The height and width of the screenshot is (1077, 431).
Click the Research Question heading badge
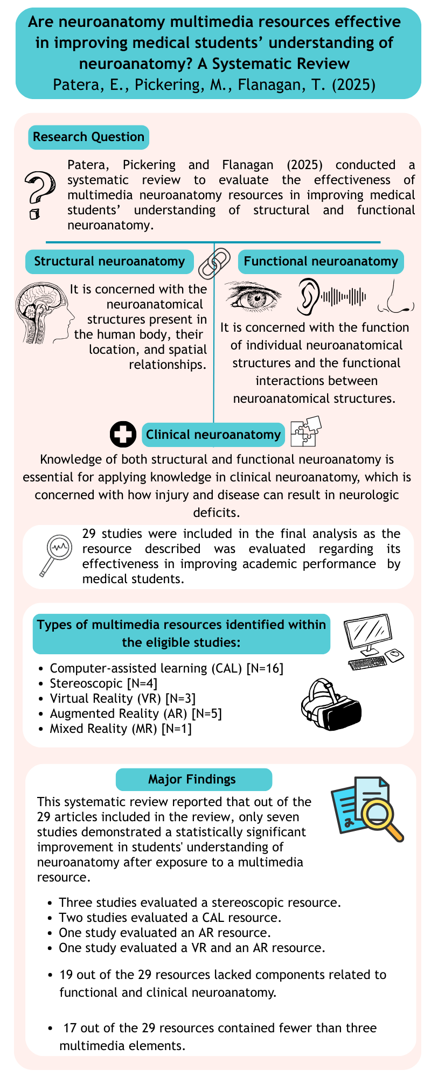pyautogui.click(x=88, y=137)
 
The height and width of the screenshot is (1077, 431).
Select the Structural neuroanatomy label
pyautogui.click(x=109, y=262)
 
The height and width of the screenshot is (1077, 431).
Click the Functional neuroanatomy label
pyautogui.click(x=321, y=262)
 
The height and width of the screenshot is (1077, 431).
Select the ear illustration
pyautogui.click(x=309, y=296)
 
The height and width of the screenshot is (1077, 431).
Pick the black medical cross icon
pyautogui.click(x=123, y=435)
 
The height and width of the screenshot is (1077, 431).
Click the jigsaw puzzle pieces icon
pyautogui.click(x=305, y=431)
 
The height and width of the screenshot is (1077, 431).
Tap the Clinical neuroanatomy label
pyautogui.click(x=213, y=435)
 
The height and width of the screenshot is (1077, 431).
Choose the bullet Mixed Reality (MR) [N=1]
pyautogui.click(x=121, y=729)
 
